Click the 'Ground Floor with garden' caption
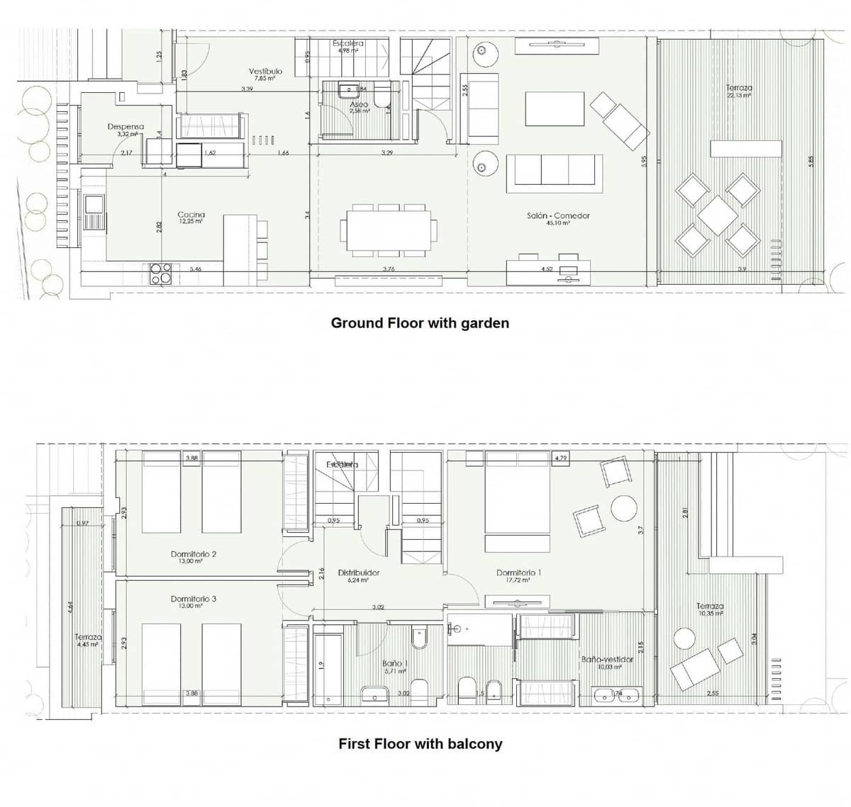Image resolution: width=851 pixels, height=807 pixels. pyautogui.click(x=420, y=323)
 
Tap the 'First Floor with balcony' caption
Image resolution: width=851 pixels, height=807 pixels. pyautogui.click(x=420, y=744)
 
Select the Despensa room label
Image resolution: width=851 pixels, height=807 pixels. pyautogui.click(x=126, y=128)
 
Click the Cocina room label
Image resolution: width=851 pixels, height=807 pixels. pyautogui.click(x=191, y=215)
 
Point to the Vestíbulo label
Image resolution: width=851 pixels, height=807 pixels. pyautogui.click(x=265, y=72)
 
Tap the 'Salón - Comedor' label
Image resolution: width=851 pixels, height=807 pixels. pyautogui.click(x=558, y=216)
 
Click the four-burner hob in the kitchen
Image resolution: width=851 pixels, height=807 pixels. pyautogui.click(x=161, y=273)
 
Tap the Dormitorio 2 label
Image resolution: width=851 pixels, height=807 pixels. pyautogui.click(x=194, y=555)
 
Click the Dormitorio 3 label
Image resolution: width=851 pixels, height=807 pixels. pyautogui.click(x=194, y=599)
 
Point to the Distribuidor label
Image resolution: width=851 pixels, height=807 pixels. pyautogui.click(x=358, y=572)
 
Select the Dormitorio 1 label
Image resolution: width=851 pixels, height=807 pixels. pyautogui.click(x=518, y=573)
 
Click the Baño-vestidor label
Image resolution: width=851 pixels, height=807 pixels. pyautogui.click(x=607, y=660)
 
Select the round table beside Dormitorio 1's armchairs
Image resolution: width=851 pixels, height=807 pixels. pyautogui.click(x=624, y=508)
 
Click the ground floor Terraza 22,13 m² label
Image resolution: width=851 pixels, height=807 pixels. pyautogui.click(x=739, y=89)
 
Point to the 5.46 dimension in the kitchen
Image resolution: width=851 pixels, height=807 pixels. pyautogui.click(x=196, y=269)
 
